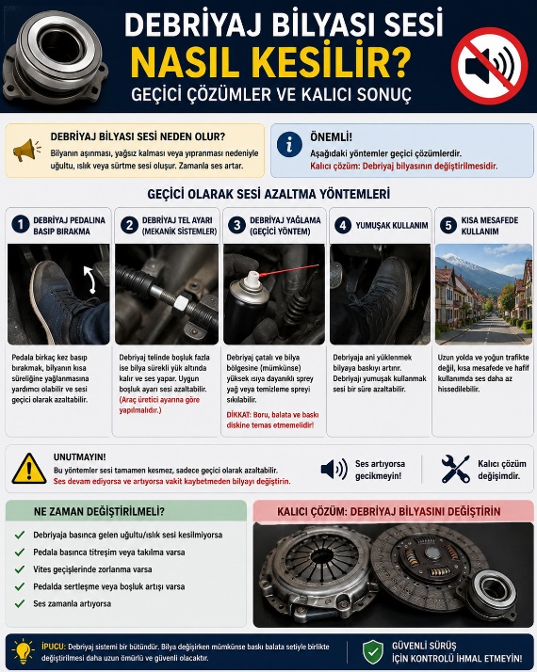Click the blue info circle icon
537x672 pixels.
pyautogui.click(x=289, y=144)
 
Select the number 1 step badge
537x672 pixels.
pyautogui.click(x=21, y=225)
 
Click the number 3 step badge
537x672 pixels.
pyautogui.click(x=236, y=225)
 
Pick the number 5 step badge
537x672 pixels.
pyautogui.click(x=448, y=225)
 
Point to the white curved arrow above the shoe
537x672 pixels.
pyautogui.click(x=89, y=279)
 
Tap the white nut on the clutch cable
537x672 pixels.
pyautogui.click(x=180, y=303)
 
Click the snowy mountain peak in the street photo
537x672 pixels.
pyautogui.click(x=455, y=260)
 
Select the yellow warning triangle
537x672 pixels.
pyautogui.click(x=29, y=469)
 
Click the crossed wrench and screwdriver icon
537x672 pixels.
pyautogui.click(x=455, y=470)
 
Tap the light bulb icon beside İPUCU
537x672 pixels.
pyautogui.click(x=24, y=651)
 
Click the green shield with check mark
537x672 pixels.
pyautogui.click(x=373, y=652)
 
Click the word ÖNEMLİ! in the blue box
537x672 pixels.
pyautogui.click(x=331, y=137)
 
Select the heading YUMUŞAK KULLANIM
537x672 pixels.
pyautogui.click(x=392, y=226)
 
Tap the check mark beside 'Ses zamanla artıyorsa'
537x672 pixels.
pyautogui.click(x=20, y=603)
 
